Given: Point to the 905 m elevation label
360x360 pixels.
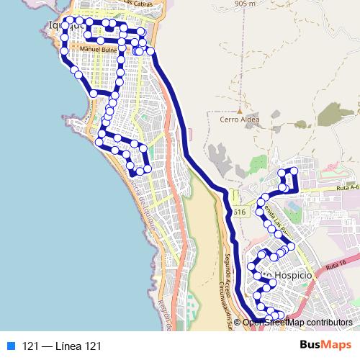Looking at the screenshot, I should pyautogui.click(x=245, y=4).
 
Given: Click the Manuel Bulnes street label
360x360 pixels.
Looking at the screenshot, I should pyautogui.click(x=98, y=50).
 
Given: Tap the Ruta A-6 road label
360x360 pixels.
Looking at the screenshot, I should pyautogui.click(x=347, y=189).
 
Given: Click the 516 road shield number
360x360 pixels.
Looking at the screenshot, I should pyautogui.click(x=239, y=212).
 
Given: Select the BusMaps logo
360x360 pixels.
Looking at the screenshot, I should pyautogui.click(x=325, y=346).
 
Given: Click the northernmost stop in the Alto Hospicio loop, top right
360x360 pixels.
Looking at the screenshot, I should pyautogui.click(x=293, y=170).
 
